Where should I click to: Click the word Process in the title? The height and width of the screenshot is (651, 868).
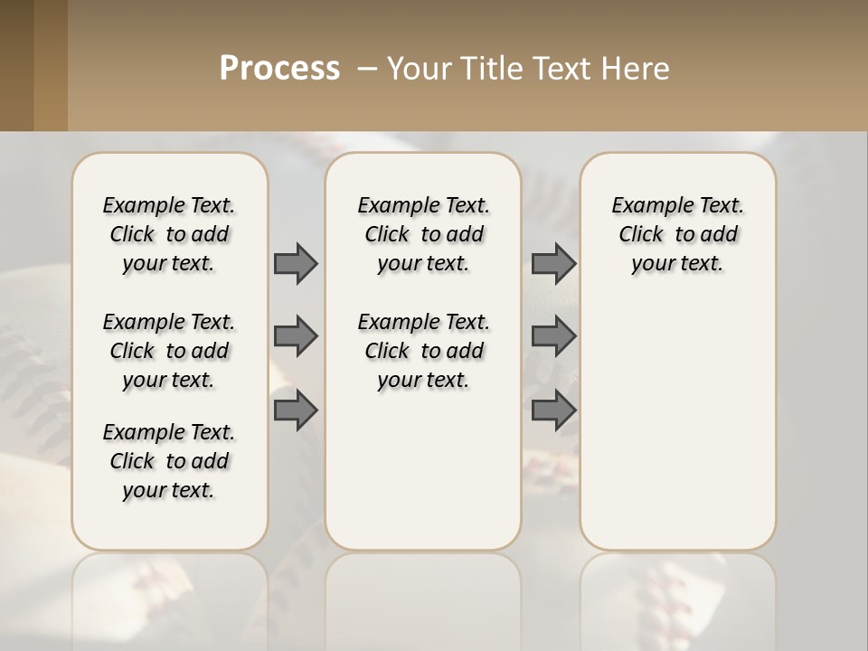tap(279, 68)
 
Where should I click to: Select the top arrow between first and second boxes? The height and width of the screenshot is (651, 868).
tap(296, 263)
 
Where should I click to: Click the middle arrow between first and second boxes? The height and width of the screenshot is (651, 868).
tap(296, 336)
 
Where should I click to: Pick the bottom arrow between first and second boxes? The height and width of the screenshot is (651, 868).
tap(296, 410)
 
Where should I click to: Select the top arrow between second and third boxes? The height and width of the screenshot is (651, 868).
tap(553, 263)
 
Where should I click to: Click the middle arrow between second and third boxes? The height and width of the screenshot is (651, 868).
tap(553, 336)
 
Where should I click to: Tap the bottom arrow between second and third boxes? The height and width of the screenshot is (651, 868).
tap(553, 410)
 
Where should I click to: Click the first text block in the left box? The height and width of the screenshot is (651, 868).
tap(169, 234)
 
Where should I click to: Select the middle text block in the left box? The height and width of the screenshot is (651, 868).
tap(169, 351)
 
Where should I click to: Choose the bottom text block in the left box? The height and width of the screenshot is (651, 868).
tap(169, 461)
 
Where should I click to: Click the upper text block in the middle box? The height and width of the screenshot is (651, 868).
tap(423, 234)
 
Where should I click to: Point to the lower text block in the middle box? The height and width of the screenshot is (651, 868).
tap(423, 351)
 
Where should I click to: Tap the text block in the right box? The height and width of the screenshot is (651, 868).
tap(677, 234)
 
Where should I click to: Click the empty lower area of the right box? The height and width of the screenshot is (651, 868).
tap(677, 425)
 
